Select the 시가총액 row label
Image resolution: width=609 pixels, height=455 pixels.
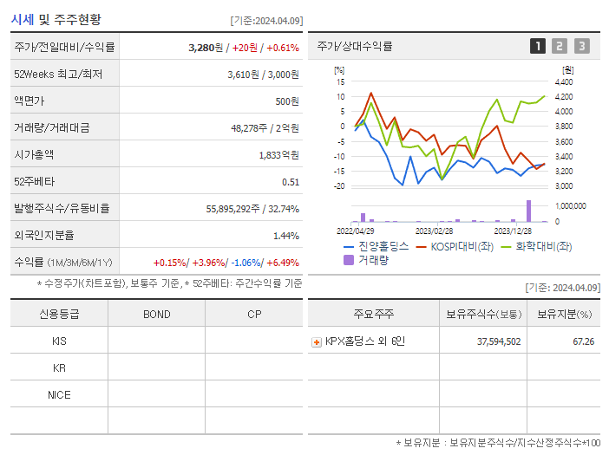[x=34, y=155]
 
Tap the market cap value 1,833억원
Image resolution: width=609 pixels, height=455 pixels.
[x=278, y=155]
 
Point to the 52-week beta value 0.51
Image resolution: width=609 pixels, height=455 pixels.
[x=291, y=182]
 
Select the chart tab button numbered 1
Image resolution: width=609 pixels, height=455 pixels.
[x=538, y=46]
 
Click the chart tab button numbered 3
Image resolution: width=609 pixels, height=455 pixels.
[x=581, y=46]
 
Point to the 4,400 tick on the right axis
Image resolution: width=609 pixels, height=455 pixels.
[x=563, y=81]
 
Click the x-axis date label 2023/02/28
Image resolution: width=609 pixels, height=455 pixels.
[x=434, y=231]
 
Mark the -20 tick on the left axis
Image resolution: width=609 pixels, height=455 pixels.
[x=339, y=186]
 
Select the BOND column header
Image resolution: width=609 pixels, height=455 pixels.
[x=156, y=314]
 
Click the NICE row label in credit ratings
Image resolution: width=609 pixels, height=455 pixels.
[x=59, y=395]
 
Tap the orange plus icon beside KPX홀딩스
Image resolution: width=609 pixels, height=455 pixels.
[x=317, y=341]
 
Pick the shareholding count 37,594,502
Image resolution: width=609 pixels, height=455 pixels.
[x=499, y=341]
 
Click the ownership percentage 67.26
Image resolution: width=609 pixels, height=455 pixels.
[x=584, y=341]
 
